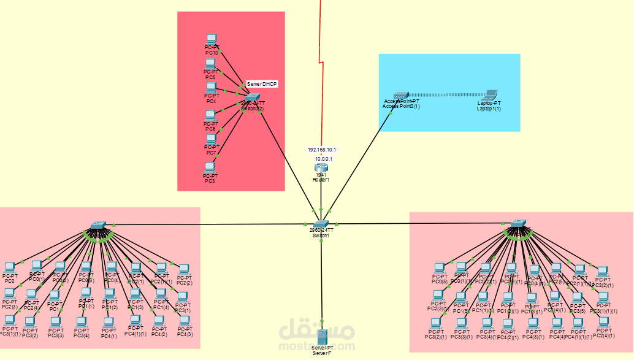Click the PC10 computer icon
point(211,39)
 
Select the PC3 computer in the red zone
point(210,167)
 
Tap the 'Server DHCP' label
point(262,83)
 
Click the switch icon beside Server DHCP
point(253,98)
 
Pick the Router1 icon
point(321,167)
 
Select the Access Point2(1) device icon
point(400,96)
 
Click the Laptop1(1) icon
point(489,95)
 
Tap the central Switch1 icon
point(322,224)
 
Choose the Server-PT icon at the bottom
point(321,337)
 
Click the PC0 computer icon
point(9,267)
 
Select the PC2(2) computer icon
point(184,269)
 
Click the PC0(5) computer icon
point(439,268)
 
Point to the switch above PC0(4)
point(98,226)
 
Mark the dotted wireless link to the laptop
point(445,95)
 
